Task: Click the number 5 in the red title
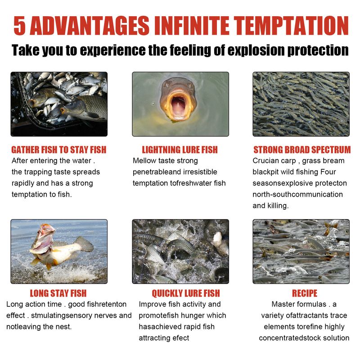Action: click(20, 26)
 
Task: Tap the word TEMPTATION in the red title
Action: click(291, 26)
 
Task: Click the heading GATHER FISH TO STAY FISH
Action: click(59, 150)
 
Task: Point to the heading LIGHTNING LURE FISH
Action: click(180, 150)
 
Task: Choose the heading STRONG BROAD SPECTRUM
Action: click(302, 150)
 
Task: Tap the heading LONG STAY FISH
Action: click(58, 293)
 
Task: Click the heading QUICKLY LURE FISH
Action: click(186, 293)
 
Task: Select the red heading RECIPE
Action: click(305, 293)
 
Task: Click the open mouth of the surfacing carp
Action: click(178, 106)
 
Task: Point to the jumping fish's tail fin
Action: click(84, 244)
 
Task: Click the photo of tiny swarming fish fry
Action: click(301, 104)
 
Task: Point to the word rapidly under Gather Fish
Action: click(23, 184)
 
